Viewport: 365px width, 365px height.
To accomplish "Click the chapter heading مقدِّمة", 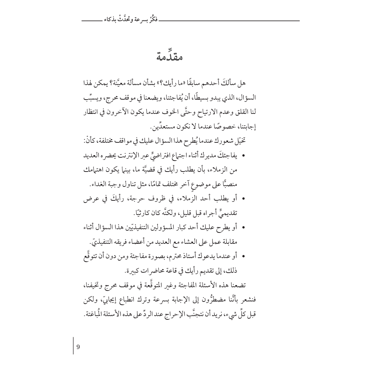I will click(168, 58).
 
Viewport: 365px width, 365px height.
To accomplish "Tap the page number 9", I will click(78, 346).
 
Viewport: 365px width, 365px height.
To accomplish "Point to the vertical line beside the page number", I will click(74, 345).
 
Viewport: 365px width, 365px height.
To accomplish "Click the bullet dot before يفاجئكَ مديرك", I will click(244, 157).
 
